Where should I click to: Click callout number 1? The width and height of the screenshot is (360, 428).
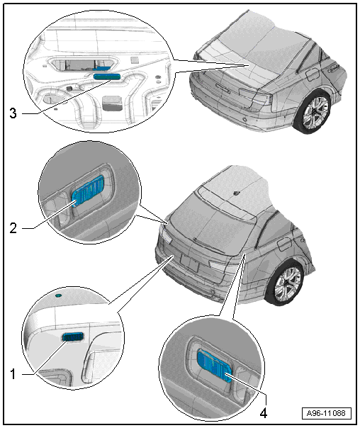13,374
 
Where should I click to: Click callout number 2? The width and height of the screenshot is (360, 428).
13,227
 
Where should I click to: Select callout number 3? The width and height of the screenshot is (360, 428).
13,113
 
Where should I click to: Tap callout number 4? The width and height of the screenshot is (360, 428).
263,413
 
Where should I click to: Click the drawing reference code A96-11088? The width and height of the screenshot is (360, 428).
326,413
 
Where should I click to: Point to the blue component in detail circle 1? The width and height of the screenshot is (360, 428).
72,337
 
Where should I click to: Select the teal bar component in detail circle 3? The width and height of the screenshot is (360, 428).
106,77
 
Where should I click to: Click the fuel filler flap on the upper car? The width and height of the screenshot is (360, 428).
313,75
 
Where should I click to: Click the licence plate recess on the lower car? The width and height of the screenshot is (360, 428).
190,262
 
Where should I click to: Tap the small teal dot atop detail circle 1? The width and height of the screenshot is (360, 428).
58,295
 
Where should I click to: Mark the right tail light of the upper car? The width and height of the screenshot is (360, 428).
254,96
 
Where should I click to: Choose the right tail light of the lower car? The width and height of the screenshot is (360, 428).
220,266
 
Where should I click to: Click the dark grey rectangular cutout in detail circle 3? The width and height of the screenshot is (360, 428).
112,103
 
